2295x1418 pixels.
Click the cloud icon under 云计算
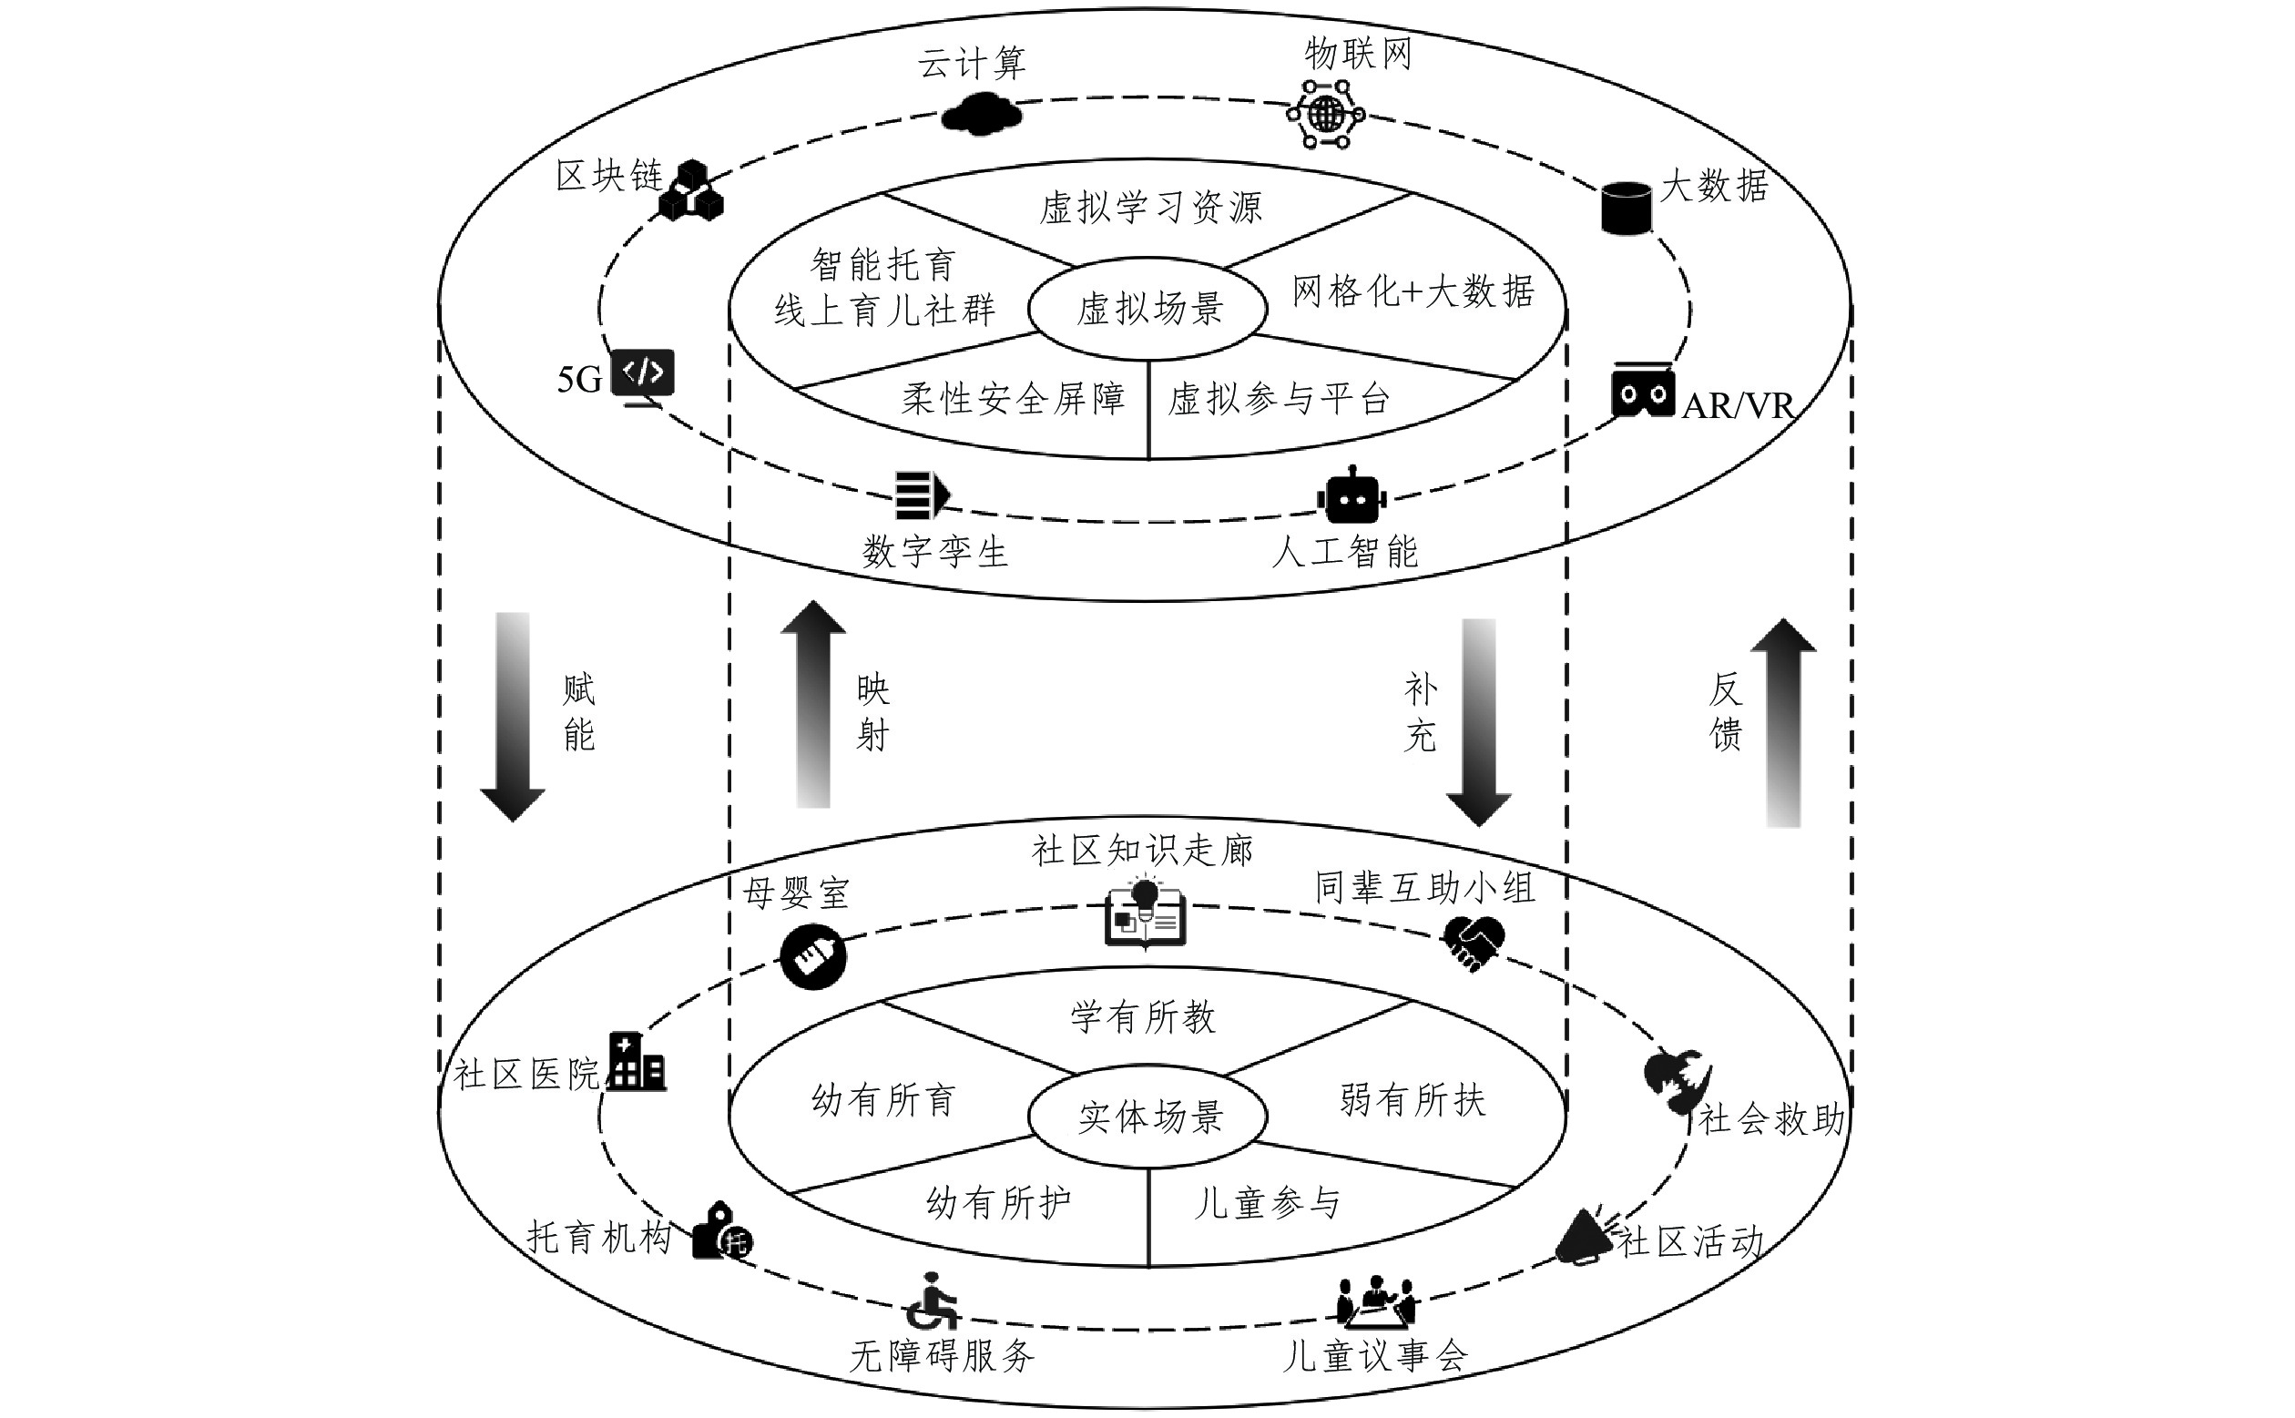pos(981,116)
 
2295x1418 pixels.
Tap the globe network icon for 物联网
pos(1325,115)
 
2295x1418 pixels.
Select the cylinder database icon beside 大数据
pos(1626,208)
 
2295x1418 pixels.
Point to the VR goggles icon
pos(1643,391)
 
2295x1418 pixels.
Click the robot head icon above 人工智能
pos(1351,497)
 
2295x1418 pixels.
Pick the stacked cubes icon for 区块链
pos(691,192)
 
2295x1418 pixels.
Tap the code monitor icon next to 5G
pos(642,376)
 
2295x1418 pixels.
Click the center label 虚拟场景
pos(1149,309)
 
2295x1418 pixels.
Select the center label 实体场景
pos(1149,1117)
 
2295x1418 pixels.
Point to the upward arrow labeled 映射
pos(813,703)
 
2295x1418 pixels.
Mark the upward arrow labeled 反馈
pos(1783,722)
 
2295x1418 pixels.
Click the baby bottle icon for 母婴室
pos(813,956)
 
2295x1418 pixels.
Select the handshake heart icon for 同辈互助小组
pos(1474,943)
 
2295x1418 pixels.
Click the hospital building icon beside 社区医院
pos(637,1062)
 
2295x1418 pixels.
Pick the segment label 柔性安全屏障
pos(1013,400)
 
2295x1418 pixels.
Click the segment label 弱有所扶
pos(1413,1100)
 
